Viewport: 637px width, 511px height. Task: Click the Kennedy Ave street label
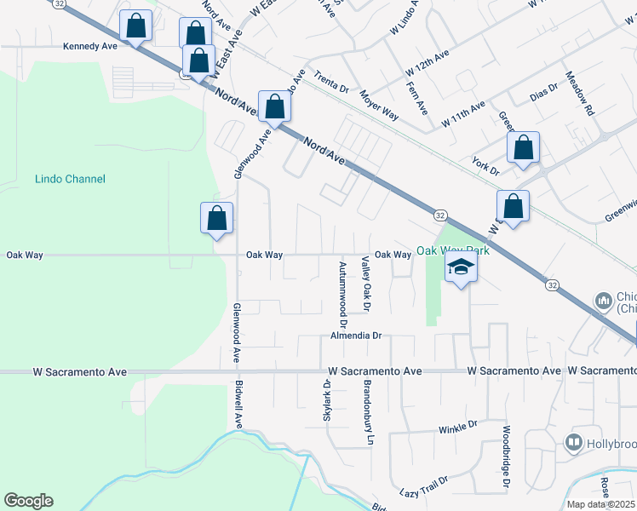point(90,47)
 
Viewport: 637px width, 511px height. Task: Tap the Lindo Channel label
point(71,179)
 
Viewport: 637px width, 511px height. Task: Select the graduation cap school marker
point(461,267)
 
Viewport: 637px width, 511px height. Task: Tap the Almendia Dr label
point(355,336)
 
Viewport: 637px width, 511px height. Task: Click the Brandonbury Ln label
point(370,417)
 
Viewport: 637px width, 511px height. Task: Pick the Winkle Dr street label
point(457,423)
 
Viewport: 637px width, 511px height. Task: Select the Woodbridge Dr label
point(506,457)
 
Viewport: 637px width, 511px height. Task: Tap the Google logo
point(28,501)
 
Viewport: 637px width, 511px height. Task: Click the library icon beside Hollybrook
point(574,443)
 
